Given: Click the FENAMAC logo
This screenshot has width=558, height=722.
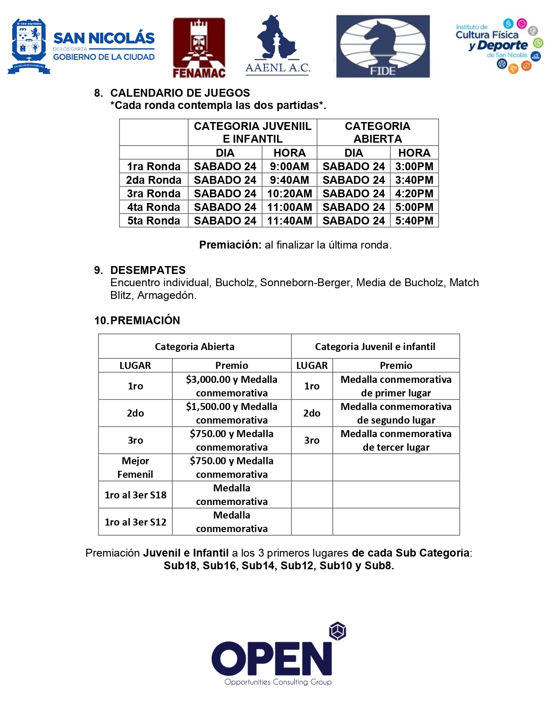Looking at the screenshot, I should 199,48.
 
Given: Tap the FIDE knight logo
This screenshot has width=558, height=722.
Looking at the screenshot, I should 383,46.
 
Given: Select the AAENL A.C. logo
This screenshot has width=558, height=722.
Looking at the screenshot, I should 277,46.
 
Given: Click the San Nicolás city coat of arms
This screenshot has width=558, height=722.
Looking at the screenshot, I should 29,46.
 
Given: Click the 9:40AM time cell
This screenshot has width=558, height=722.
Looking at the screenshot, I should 289,180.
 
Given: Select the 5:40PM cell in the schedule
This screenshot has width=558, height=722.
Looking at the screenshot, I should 414,221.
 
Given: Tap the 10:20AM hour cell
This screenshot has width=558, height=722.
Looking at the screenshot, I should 289,193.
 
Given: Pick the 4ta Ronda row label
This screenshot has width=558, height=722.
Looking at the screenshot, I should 154,207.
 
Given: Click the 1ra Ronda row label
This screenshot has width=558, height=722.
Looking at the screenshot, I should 154,166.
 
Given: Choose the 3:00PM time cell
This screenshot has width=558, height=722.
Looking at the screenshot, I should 414,166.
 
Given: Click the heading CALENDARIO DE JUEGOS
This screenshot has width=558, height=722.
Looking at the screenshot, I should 180,93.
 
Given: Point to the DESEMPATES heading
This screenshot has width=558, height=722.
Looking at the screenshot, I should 148,270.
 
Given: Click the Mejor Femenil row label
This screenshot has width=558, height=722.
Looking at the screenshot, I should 135,467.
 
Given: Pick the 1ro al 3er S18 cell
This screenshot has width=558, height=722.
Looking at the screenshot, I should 135,495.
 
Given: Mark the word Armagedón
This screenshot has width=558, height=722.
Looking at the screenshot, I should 167,295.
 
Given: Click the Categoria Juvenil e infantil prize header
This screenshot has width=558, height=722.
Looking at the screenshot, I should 375,347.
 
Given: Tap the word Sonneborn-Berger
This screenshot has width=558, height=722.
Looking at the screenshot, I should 306,283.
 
